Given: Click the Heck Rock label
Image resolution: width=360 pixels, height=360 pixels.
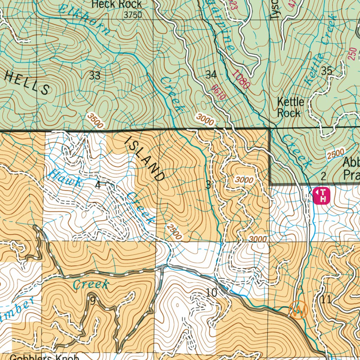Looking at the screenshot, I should [116, 4].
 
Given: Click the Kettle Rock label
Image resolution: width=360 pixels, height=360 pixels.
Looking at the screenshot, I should [290, 107].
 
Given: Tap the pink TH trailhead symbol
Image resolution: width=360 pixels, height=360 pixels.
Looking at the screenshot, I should [321, 195].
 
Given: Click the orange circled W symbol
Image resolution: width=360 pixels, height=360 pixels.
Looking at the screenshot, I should [298, 310].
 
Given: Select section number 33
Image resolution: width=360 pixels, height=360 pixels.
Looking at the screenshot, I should [95, 75].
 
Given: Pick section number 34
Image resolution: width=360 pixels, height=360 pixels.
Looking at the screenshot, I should [211, 75].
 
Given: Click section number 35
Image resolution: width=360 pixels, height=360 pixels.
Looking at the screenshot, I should [327, 71].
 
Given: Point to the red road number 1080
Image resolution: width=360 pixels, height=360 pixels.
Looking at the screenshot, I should [241, 79].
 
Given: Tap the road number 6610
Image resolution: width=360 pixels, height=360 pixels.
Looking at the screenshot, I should [218, 93].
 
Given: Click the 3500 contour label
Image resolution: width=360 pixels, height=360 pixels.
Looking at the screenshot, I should [96, 121].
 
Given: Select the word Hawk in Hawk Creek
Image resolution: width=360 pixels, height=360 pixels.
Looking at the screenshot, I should [66, 178].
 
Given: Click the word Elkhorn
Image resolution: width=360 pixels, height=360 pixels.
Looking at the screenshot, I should [84, 19].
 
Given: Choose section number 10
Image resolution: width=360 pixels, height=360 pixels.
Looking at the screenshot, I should [211, 292].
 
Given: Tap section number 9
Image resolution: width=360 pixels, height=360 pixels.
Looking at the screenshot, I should [92, 301].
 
